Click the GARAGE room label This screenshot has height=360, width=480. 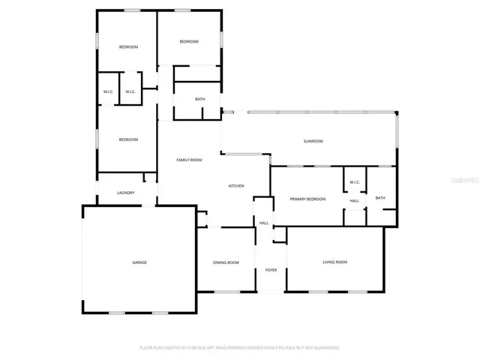pyautogui.click(x=139, y=262)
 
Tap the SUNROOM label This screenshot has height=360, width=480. pyautogui.click(x=313, y=141)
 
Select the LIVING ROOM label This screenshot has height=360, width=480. pyautogui.click(x=334, y=262)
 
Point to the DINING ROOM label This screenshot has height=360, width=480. pyautogui.click(x=226, y=262)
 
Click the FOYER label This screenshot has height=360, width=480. pyautogui.click(x=271, y=270)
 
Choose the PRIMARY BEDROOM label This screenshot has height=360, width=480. pyautogui.click(x=308, y=199)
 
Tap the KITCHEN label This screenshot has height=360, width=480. pyautogui.click(x=237, y=186)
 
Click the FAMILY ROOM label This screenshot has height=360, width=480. pyautogui.click(x=189, y=160)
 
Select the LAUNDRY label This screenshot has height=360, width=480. pyautogui.click(x=125, y=193)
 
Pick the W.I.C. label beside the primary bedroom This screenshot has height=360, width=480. pyautogui.click(x=354, y=182)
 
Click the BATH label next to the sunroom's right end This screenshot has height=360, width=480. pyautogui.click(x=380, y=198)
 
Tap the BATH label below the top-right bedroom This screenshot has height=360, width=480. pyautogui.click(x=199, y=99)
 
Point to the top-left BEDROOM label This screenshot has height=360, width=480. pyautogui.click(x=129, y=47)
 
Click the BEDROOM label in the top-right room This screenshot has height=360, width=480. pyautogui.click(x=189, y=41)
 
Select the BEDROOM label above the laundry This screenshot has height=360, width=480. pyautogui.click(x=129, y=139)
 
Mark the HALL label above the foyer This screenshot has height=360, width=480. pyautogui.click(x=264, y=223)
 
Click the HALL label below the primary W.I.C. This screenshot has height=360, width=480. pyautogui.click(x=354, y=200)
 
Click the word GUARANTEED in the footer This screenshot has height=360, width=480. pyautogui.click(x=324, y=348)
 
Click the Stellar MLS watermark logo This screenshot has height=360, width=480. pyautogui.click(x=467, y=180)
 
